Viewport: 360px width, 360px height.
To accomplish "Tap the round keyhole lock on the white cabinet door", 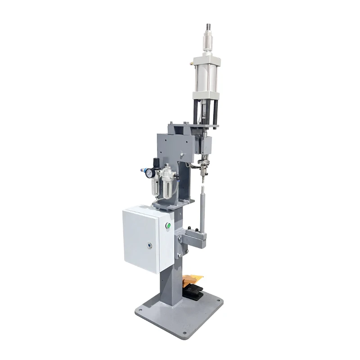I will (x=149, y=246).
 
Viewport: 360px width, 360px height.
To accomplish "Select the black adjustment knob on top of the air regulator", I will (x=156, y=163).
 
